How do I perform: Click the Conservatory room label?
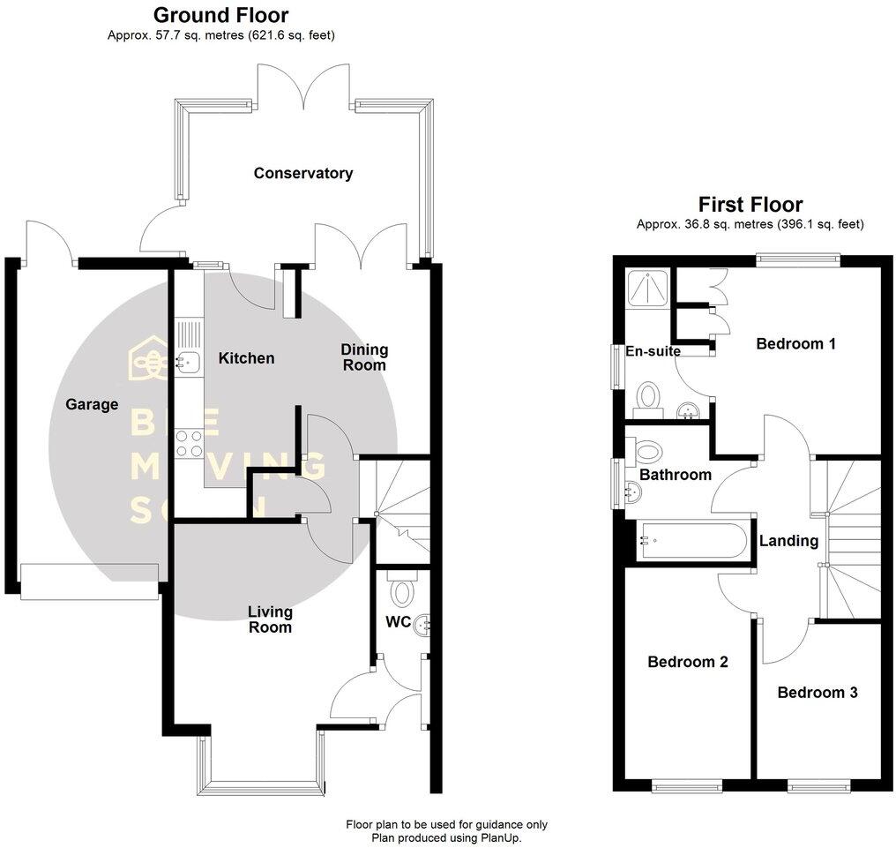coord(302,173)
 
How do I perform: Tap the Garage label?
coord(92,404)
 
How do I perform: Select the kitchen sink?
coord(187,360)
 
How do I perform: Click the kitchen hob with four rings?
coord(188,443)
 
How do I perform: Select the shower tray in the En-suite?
coord(649,288)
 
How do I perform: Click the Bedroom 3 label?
coord(817,693)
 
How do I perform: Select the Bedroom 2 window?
coord(687,784)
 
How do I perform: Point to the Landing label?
coord(788,541)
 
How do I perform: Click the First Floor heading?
coord(750,205)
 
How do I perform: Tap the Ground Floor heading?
coord(220,15)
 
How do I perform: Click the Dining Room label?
coord(364,357)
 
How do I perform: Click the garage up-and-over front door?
coord(89,582)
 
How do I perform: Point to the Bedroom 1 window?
coord(796,259)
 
